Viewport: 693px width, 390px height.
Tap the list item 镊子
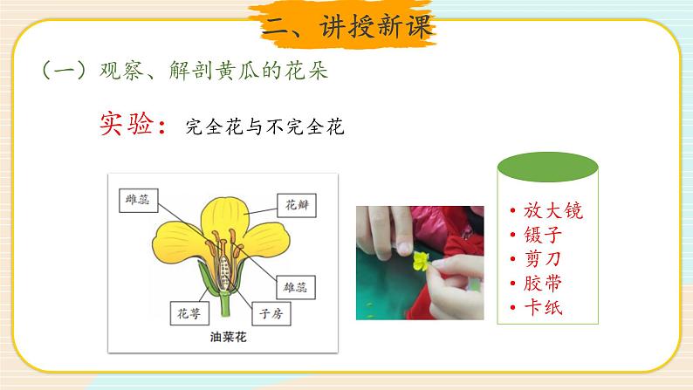pos(542,236)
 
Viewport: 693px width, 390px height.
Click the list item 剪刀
pos(542,259)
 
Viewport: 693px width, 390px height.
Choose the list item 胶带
pos(542,283)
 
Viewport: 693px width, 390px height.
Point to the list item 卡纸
pos(542,307)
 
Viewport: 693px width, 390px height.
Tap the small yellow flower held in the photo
pos(422,259)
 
